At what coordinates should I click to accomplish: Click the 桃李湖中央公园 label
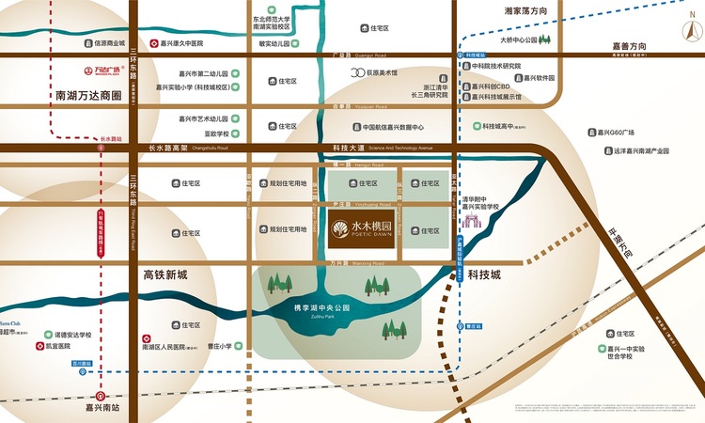[321, 308]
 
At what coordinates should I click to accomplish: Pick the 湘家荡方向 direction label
[525, 12]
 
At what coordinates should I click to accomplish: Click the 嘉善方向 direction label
[630, 45]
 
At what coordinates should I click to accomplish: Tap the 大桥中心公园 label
[524, 40]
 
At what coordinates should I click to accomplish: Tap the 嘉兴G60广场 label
[617, 133]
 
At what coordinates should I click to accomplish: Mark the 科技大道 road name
[348, 148]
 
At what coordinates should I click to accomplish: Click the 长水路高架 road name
[167, 148]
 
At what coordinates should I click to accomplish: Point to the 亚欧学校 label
[211, 133]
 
